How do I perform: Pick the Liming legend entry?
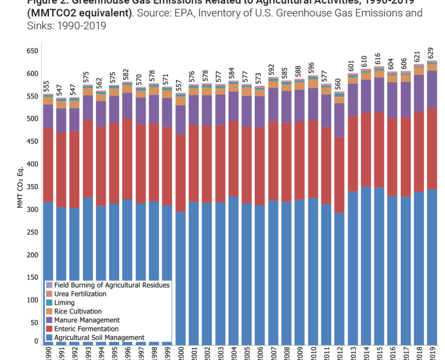point(64,303)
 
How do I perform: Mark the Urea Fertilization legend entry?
point(80,294)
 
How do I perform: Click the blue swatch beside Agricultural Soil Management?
point(49,338)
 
